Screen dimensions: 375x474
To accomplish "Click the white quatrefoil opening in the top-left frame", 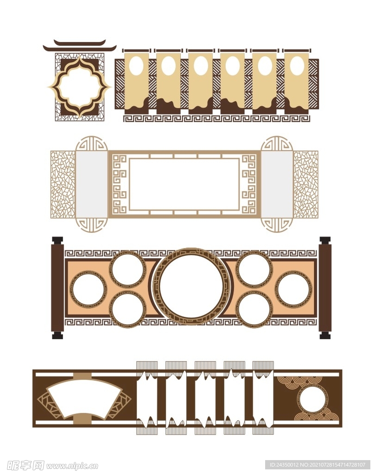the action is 80,87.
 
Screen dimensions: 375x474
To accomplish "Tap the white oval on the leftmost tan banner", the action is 136,65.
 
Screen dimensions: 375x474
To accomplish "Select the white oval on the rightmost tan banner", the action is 297,65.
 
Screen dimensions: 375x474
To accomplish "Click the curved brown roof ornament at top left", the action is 80,45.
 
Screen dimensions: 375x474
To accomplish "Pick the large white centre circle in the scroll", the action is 191,286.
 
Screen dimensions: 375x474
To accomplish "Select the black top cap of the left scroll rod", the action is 57,241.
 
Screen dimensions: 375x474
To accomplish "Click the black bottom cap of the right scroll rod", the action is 325,335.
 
